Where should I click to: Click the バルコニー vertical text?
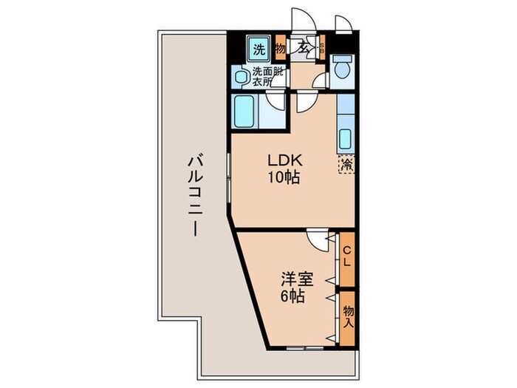195,194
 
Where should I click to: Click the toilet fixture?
341,69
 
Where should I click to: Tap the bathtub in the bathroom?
245,112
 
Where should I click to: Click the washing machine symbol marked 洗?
258,50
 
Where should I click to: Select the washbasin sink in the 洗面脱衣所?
241,75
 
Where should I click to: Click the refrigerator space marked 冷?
346,165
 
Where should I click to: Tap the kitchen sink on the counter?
345,138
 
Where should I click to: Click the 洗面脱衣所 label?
267,77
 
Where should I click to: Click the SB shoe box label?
322,48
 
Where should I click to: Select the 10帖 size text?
283,179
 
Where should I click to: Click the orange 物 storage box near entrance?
280,50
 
